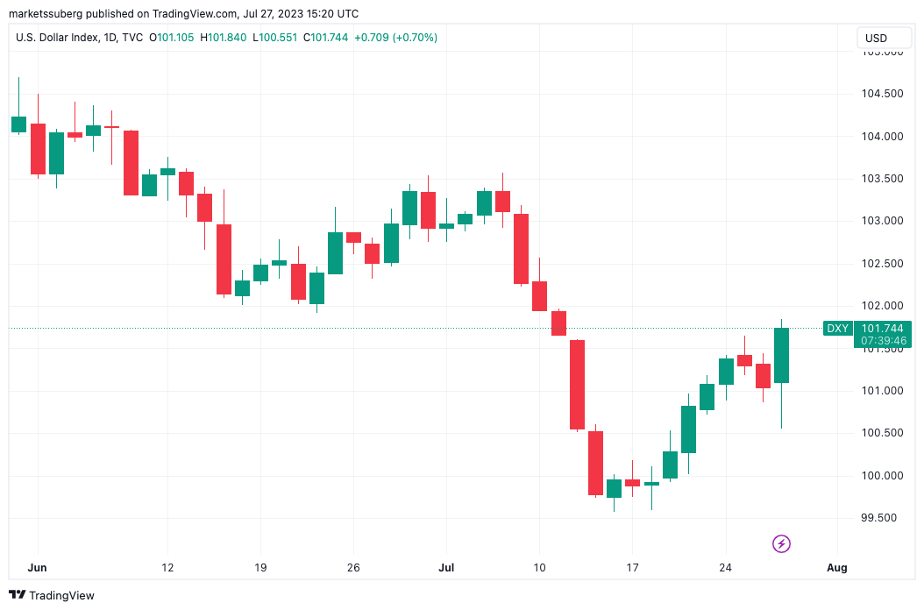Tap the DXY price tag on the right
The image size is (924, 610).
pos(837,329)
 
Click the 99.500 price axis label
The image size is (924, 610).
pos(879,518)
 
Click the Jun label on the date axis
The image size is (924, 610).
pos(37,567)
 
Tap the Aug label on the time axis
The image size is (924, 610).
pos(837,567)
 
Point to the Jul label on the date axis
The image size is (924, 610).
pos(447,567)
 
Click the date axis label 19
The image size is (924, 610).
pos(260,567)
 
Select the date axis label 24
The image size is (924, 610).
pos(725,567)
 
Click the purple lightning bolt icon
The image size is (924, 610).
pos(781,544)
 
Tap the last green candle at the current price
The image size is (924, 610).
pos(781,355)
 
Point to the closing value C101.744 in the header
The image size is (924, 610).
pos(326,38)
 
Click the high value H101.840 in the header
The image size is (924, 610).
pos(224,38)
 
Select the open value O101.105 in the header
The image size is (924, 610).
pos(173,38)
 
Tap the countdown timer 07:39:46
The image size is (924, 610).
pos(882,340)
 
